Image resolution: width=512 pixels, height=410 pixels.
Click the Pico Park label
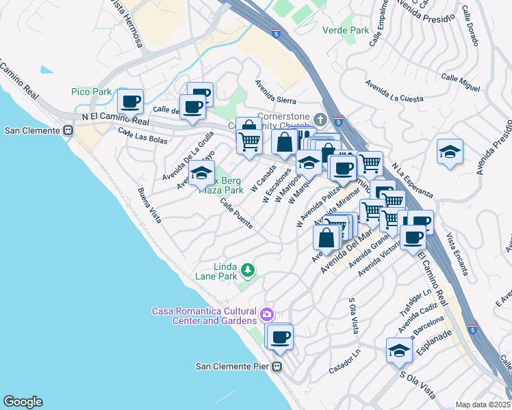point(91,92)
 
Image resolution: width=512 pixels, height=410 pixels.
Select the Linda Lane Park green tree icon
point(247,271)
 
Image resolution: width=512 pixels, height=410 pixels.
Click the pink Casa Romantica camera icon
point(266,315)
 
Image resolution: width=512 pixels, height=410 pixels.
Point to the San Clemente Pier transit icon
point(277,366)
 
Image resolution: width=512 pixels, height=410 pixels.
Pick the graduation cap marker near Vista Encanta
point(449,152)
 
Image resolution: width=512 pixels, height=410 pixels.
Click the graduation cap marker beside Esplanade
point(399,351)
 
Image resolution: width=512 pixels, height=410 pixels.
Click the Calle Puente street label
point(236,214)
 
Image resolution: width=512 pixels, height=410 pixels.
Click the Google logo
point(23,402)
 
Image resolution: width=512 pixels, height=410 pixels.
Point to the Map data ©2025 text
point(483,405)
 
